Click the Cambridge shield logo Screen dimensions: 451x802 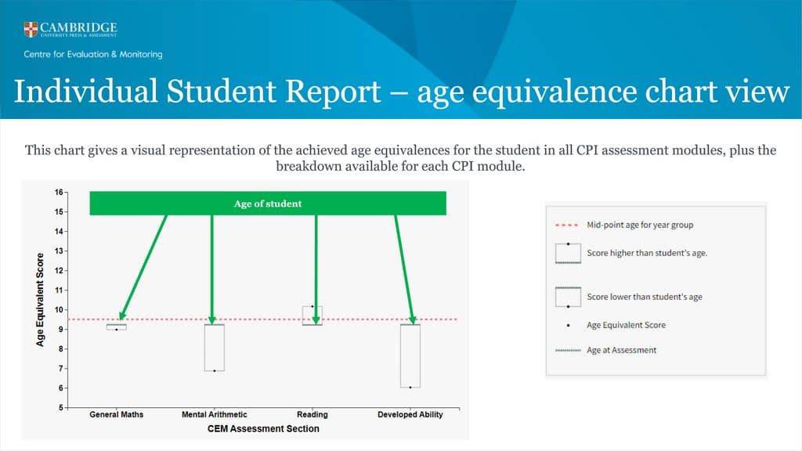[x=31, y=31]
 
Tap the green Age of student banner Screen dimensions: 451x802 [x=268, y=204]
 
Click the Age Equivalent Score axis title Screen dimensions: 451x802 [x=40, y=300]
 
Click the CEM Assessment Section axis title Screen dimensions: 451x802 [x=263, y=429]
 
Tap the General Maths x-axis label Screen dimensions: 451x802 [x=117, y=415]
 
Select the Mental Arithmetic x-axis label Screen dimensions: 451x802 [x=214, y=415]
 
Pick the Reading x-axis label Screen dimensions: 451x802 [x=312, y=415]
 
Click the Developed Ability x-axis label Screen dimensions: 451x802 [x=410, y=415]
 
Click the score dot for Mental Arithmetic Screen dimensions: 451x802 [x=215, y=370]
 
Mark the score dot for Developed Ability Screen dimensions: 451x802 [x=410, y=388]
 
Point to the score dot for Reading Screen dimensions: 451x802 [x=312, y=306]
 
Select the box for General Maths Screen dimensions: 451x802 [x=117, y=327]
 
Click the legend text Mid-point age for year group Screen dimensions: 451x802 [x=640, y=225]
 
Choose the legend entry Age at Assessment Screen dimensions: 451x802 [x=622, y=350]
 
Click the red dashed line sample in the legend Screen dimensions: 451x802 [x=568, y=225]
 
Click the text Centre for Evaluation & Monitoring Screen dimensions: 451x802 [x=93, y=54]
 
